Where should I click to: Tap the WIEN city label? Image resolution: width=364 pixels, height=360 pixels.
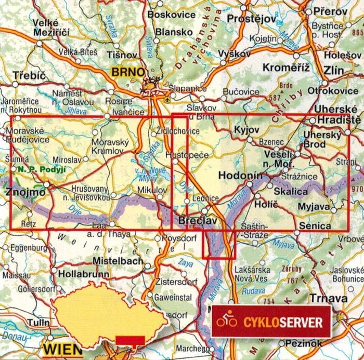point(61,348)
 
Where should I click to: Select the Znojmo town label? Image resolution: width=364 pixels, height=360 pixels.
point(24,193)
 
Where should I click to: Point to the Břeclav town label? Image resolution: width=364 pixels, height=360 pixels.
point(197,220)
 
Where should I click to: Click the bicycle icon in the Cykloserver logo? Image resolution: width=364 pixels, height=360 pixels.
point(227,321)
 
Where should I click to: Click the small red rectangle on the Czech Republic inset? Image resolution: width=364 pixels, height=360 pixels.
point(129,340)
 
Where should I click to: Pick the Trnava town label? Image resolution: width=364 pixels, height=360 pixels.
point(328,298)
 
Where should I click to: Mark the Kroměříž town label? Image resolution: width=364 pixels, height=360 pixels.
point(286,67)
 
